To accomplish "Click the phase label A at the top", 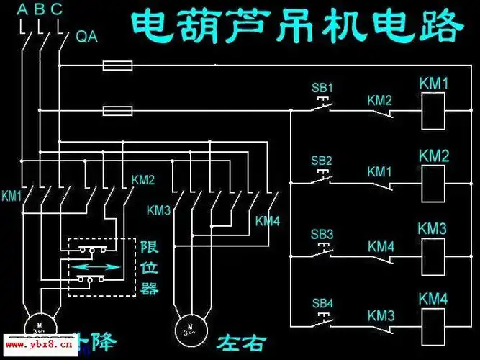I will (22, 10).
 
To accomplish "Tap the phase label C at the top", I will (56, 10).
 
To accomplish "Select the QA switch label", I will (88, 35).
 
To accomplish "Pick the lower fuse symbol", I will (117, 111).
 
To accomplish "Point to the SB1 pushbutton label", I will (322, 88).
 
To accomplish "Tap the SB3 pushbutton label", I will (322, 235).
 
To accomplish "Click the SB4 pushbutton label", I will (322, 303).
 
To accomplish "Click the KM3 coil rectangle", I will (433, 253).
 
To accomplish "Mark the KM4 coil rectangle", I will (433, 322).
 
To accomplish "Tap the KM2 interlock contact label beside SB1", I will (379, 100).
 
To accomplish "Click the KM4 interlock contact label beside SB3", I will (380, 246).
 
